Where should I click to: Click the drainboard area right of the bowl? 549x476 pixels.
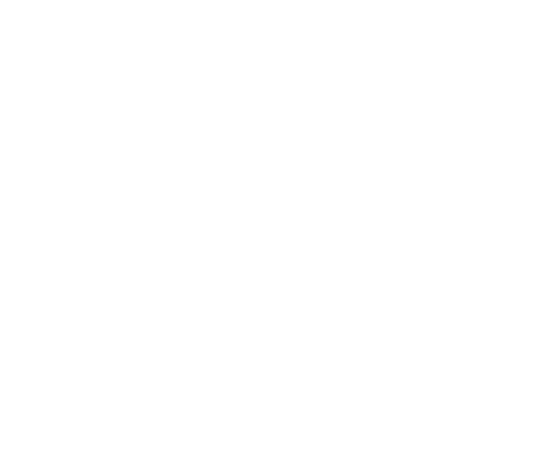tap(378, 189)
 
